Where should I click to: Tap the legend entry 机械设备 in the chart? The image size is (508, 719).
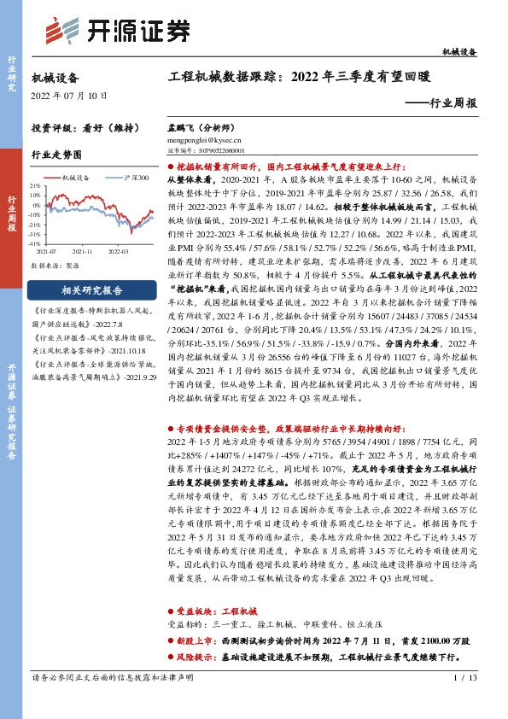[x=76, y=178]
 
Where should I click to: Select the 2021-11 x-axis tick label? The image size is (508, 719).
[x=83, y=252]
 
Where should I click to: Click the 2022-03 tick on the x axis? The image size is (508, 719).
[x=118, y=252]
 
